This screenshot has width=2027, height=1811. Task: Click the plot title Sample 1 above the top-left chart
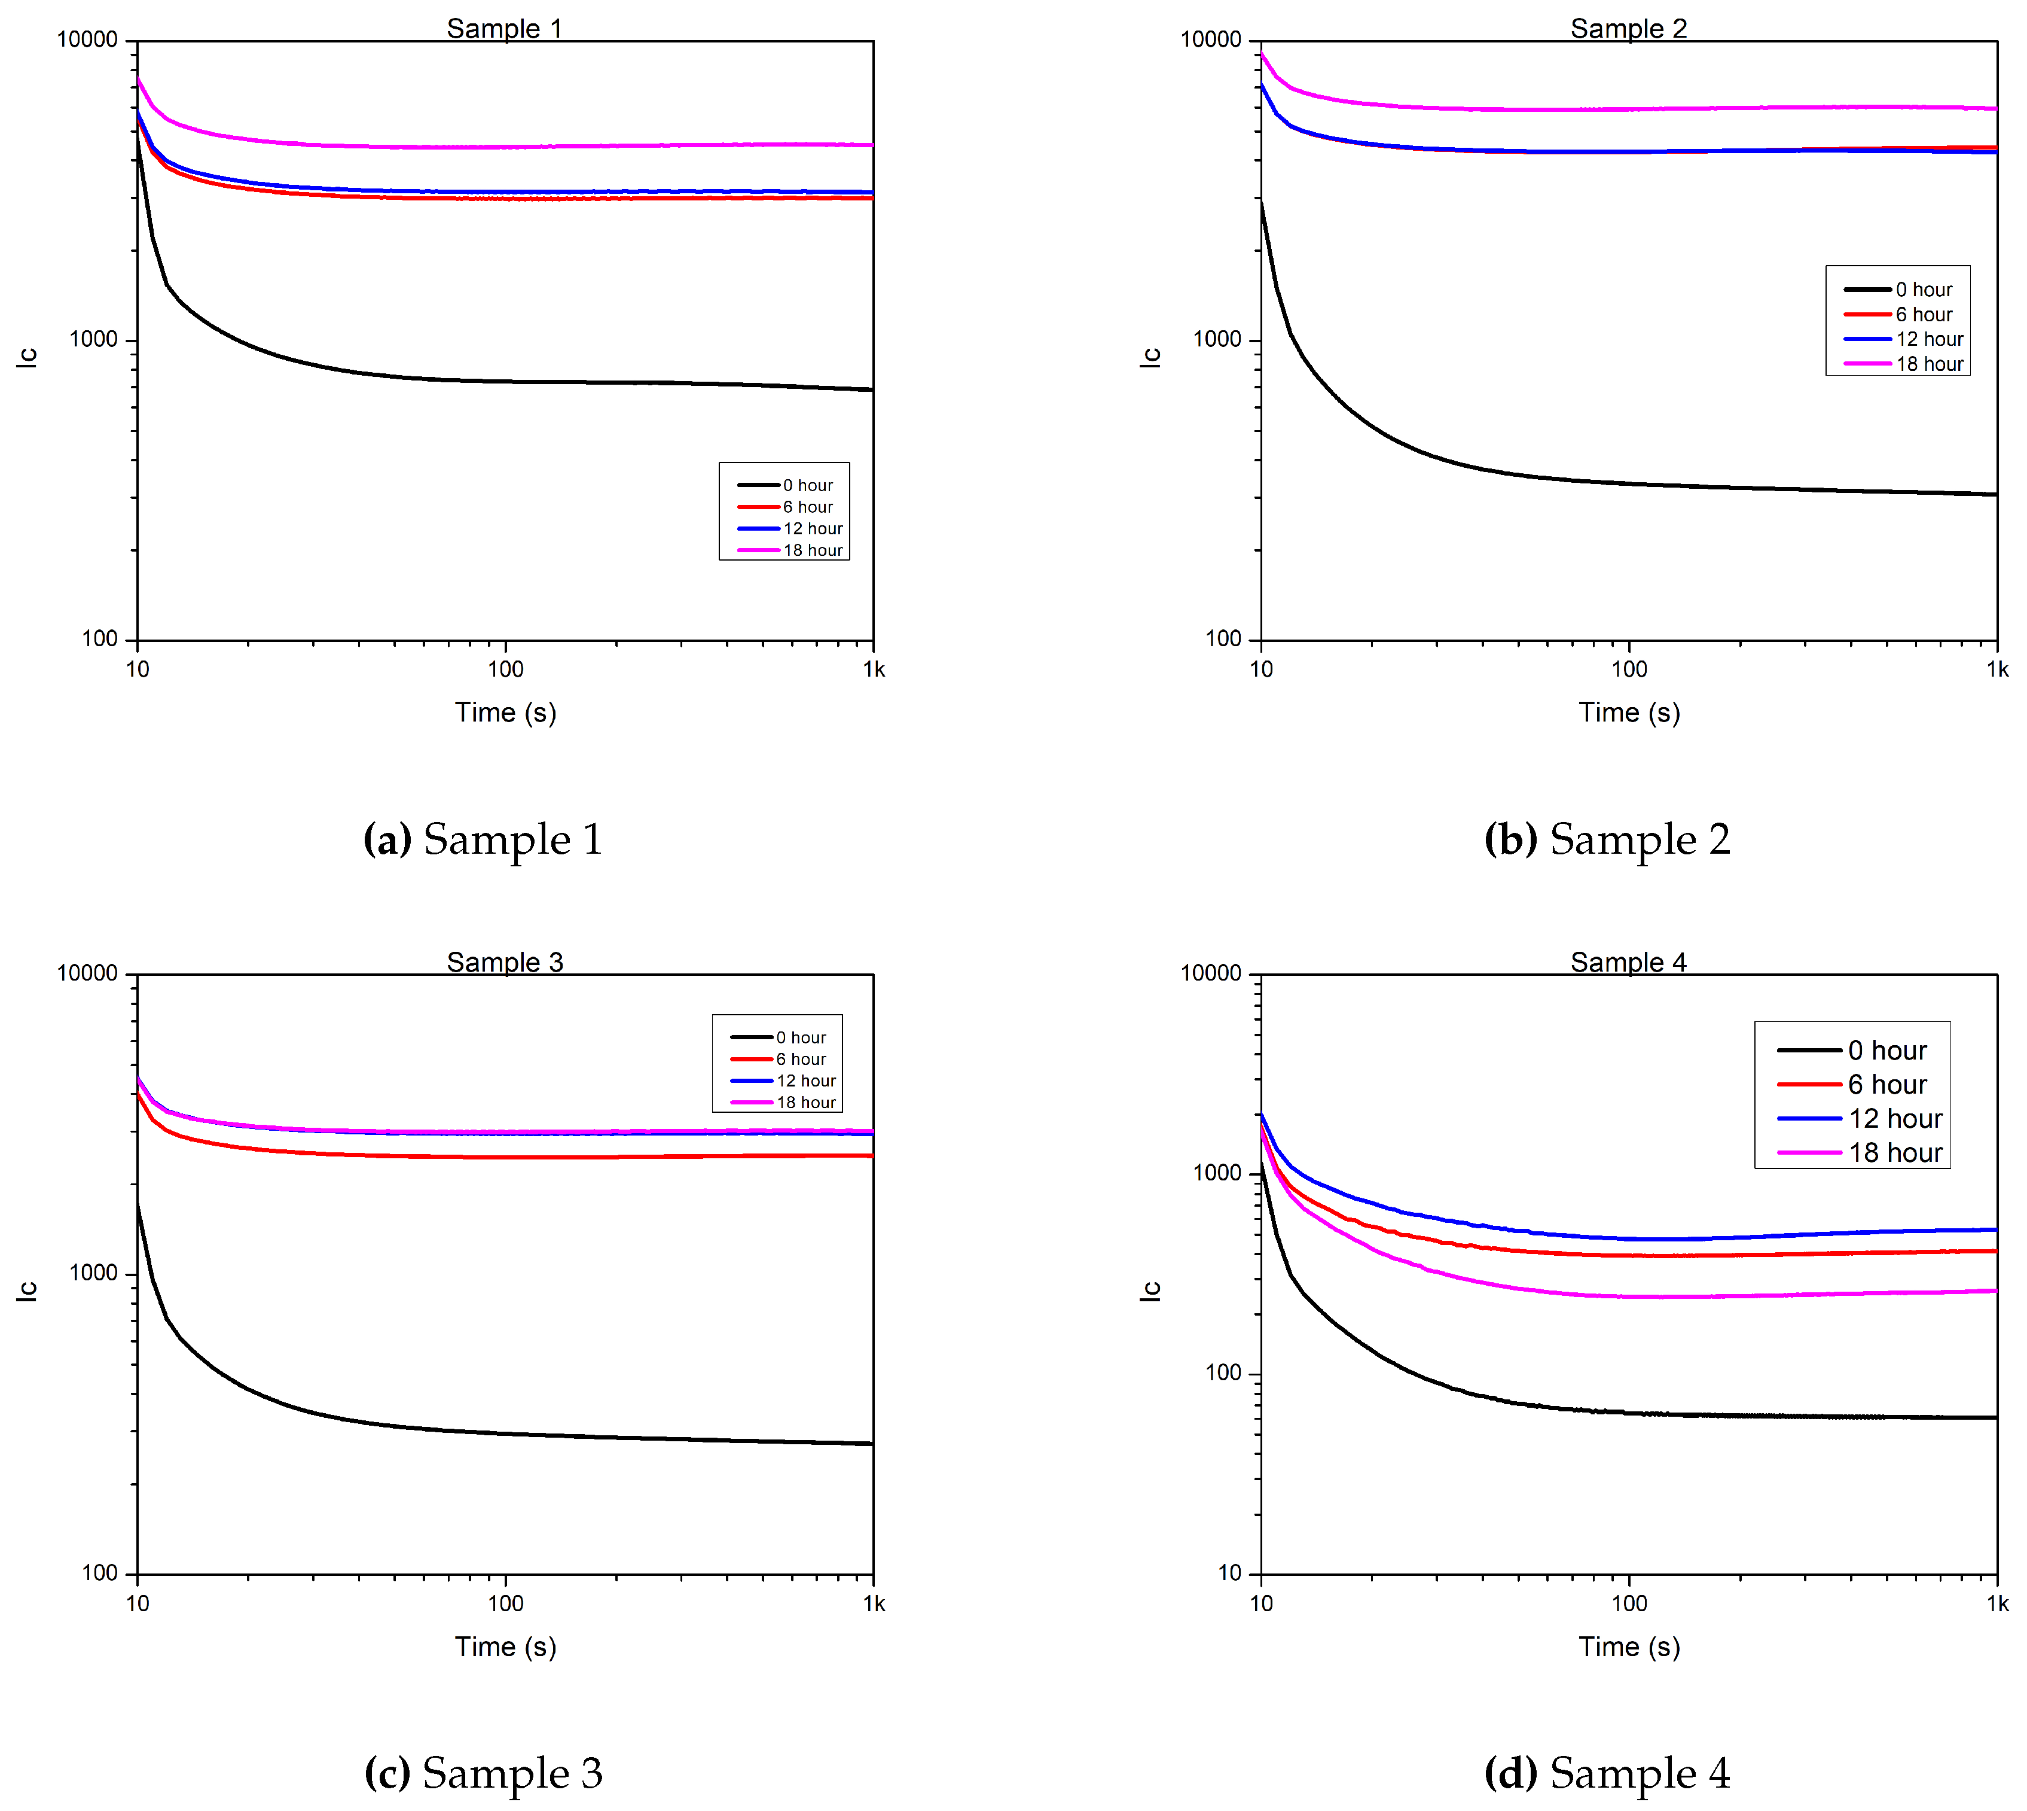click(x=504, y=28)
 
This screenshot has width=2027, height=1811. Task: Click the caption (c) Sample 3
click(x=483, y=1772)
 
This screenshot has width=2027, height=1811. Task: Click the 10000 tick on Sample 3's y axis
click(x=87, y=973)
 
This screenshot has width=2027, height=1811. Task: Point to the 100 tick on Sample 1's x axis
click(x=505, y=669)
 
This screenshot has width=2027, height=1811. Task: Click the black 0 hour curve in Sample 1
click(x=597, y=382)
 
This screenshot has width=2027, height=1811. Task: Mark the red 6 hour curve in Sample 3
click(x=597, y=1156)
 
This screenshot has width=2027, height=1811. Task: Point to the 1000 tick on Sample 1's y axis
click(x=93, y=339)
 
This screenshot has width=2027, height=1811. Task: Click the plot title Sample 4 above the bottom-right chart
click(x=1628, y=962)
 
